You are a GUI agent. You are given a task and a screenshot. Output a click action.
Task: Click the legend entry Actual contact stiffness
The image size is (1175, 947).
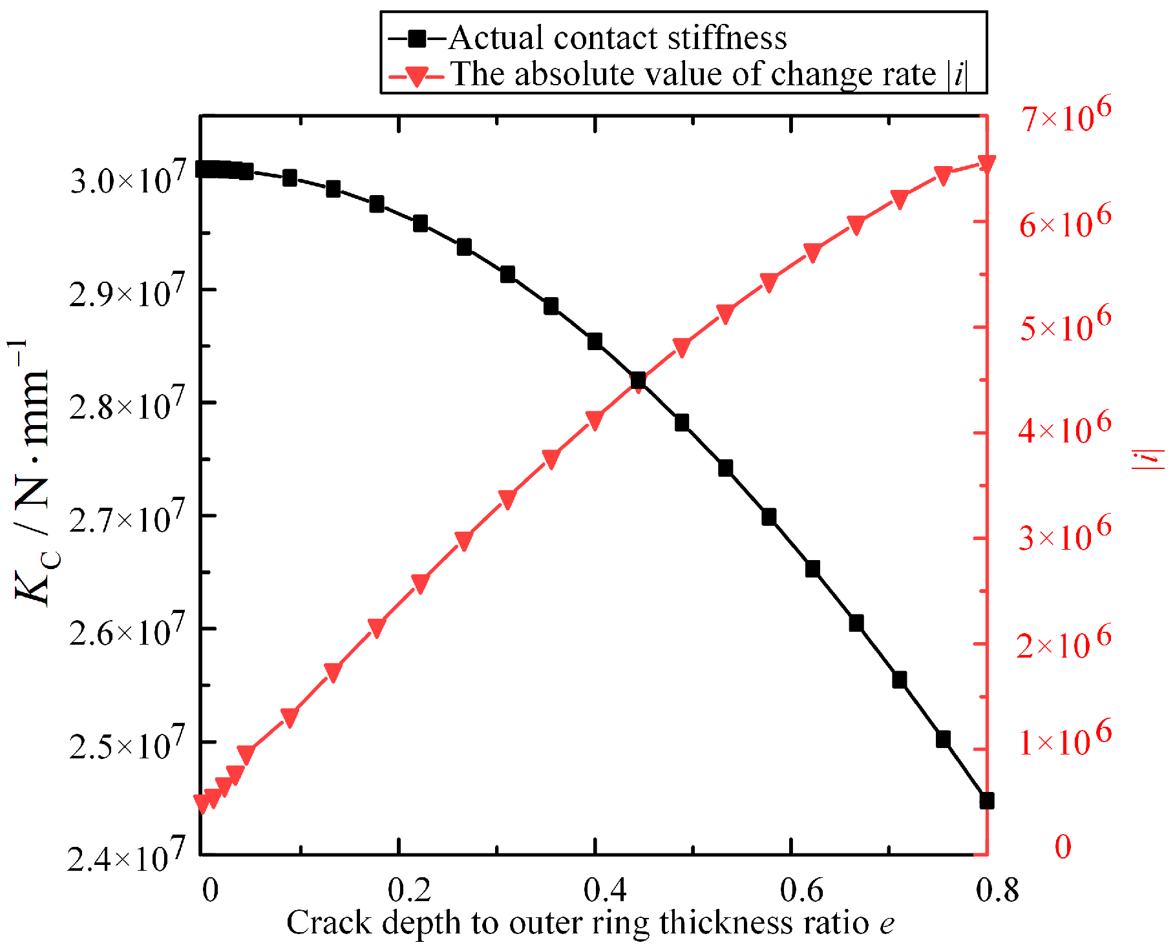pos(617,37)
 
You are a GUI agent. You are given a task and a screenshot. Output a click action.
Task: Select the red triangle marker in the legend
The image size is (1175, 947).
pos(416,76)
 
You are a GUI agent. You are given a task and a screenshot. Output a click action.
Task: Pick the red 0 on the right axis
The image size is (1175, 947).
pos(1063,846)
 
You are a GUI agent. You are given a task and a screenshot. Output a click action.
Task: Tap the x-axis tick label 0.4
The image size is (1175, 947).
pos(605,890)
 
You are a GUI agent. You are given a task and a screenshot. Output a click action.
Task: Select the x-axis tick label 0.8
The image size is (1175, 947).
pos(997,890)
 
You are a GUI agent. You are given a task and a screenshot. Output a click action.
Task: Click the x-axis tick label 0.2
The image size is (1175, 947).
pos(409,890)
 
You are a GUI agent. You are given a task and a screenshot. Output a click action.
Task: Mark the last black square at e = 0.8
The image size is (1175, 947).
pos(986,800)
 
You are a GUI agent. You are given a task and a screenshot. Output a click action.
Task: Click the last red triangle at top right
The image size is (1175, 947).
pos(986,164)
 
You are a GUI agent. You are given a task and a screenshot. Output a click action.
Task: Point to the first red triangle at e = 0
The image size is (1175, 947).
pos(202,803)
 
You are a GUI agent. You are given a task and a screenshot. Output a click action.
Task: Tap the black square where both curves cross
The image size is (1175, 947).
pos(638,380)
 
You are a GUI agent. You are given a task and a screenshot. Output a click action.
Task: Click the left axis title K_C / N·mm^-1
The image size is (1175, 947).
pos(32,472)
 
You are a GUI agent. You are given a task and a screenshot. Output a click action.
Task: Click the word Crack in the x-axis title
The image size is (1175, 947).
pos(329,922)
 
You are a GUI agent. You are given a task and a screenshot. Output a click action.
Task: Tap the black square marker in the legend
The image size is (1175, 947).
pos(417,39)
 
